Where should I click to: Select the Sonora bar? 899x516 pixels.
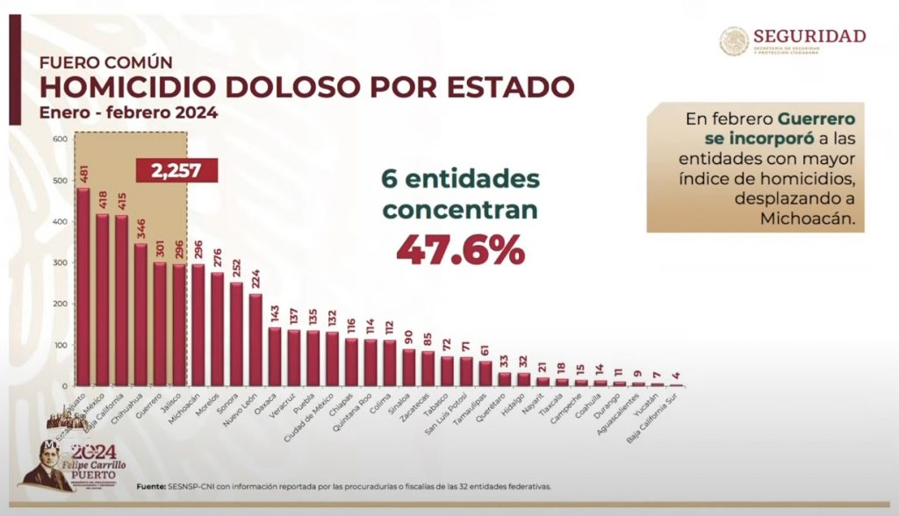(236, 333)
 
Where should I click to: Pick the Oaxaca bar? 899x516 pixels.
(275, 356)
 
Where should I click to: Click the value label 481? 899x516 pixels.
(83, 174)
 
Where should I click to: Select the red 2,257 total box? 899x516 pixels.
(176, 169)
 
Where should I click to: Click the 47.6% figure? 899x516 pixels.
(461, 249)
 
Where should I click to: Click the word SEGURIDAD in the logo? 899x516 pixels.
(809, 36)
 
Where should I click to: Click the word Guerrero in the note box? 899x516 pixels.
(816, 117)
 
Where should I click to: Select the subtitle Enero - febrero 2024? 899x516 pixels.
(128, 112)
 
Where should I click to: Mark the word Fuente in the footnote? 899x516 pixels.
(155, 486)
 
